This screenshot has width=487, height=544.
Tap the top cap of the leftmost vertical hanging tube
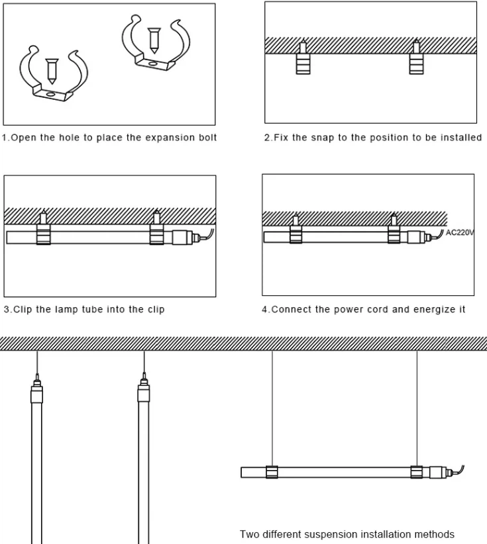(x=37, y=395)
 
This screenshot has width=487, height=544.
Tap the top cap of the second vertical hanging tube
(x=144, y=395)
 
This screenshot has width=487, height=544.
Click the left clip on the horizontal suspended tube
(x=272, y=473)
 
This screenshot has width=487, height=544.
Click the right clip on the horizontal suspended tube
(x=417, y=473)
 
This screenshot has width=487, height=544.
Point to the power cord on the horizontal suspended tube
(x=459, y=470)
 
